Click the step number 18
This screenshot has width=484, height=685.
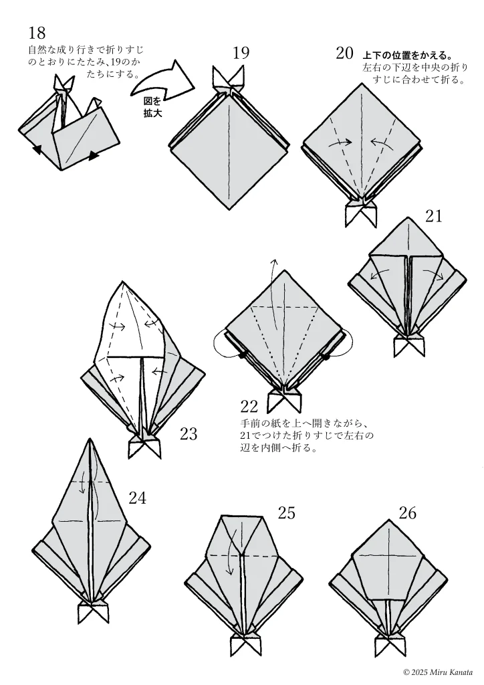point(37,33)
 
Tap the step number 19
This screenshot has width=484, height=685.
point(241,53)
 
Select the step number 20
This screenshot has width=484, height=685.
point(345,54)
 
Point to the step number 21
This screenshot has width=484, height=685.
point(433,216)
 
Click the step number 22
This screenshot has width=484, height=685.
point(249,407)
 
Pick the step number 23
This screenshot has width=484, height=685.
point(189,433)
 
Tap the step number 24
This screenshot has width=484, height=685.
point(138,498)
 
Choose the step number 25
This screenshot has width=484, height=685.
point(287,513)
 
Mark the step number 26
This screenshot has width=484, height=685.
point(408,513)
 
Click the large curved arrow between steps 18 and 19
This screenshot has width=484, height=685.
point(162,79)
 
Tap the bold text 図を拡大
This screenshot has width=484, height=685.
point(153,108)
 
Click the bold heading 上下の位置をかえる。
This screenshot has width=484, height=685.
point(407,56)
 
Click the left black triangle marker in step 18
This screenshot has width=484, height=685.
point(38,150)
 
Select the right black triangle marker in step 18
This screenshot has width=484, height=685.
point(94,155)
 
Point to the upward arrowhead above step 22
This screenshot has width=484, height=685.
point(275,262)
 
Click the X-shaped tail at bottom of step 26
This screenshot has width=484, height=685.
point(390,645)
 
